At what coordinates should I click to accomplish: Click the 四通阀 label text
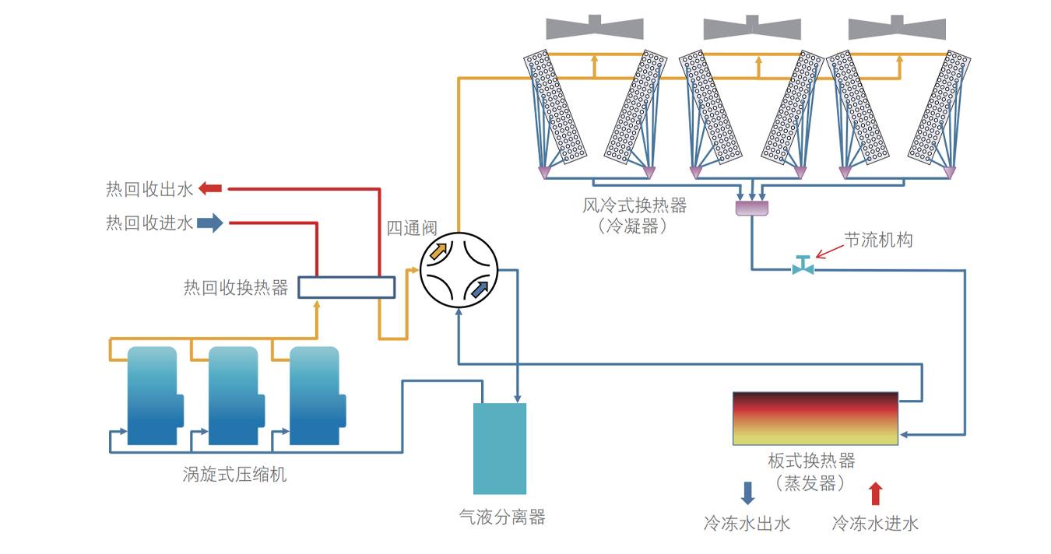coord(412,228)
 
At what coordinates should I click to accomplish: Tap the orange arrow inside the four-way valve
coord(439,251)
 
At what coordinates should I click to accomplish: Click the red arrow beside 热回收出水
coord(210,188)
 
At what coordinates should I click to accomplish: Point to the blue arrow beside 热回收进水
coord(209,224)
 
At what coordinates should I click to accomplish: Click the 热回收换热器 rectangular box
coord(346,287)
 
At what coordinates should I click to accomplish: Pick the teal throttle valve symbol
coord(803,265)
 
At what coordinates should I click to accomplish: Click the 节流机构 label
coord(878,240)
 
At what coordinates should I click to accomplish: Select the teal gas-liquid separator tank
coord(500,448)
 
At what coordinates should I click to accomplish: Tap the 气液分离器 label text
coord(502,517)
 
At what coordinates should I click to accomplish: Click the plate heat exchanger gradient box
coord(815,419)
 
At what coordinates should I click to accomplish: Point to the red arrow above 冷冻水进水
coord(876,493)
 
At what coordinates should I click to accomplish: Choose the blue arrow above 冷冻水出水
coord(747,493)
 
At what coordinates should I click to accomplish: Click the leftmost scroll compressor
coord(153,395)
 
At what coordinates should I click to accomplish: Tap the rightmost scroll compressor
coord(315,395)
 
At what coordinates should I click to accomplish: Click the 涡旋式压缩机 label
coord(234,473)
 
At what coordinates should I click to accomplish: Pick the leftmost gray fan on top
coord(595,27)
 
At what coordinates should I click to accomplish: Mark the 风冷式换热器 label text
coord(634,205)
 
